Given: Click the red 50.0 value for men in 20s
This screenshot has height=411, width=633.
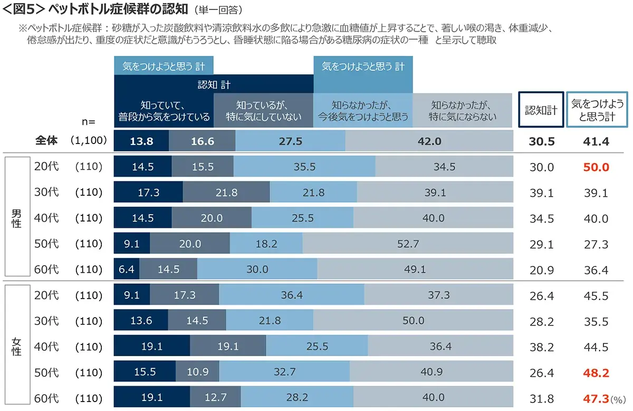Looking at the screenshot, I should click(x=596, y=167).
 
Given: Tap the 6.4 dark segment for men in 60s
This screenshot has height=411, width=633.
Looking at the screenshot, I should click(x=127, y=269).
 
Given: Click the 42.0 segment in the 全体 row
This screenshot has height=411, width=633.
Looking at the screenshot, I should click(x=429, y=141).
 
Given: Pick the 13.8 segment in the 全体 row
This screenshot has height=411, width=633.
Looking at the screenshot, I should click(x=141, y=141).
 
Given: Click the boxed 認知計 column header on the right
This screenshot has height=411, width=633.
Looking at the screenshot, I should click(x=541, y=110).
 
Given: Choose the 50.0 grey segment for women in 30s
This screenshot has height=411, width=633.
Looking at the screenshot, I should click(x=413, y=321).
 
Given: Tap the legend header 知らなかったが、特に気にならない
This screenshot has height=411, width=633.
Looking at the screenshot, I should click(x=463, y=110).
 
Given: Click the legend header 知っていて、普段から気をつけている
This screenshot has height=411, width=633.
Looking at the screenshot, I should click(x=164, y=110).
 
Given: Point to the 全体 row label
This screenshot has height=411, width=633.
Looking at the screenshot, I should click(x=46, y=141).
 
